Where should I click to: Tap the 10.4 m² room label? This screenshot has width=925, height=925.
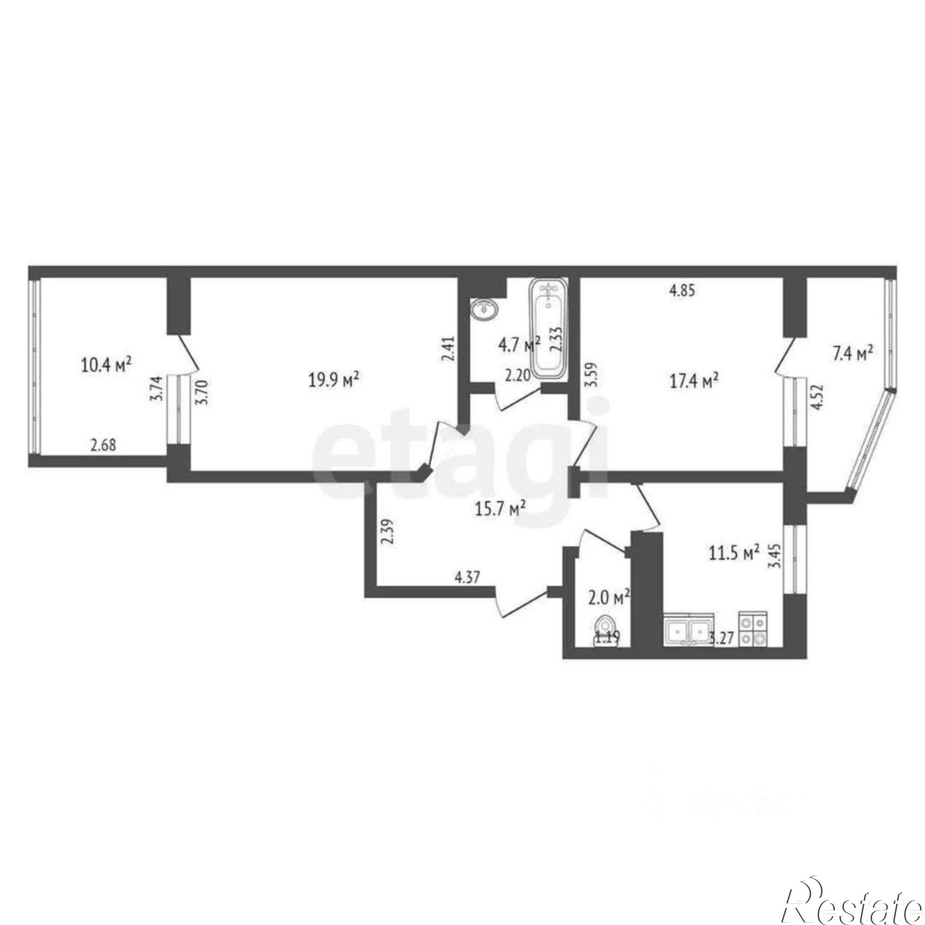[x=106, y=365]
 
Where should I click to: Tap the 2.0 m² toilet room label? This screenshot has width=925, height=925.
[x=610, y=598]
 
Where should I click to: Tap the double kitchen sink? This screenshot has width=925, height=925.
[x=689, y=631]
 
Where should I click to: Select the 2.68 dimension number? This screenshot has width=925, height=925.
[x=103, y=446]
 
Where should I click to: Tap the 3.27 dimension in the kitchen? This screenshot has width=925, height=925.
[x=721, y=639]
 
